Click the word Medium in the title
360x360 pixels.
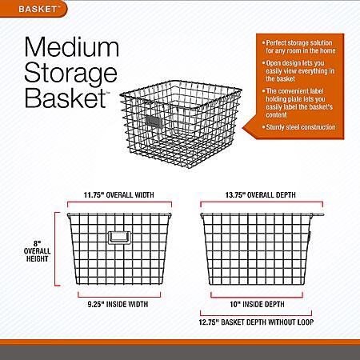[72, 47]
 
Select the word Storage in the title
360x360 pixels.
[70, 74]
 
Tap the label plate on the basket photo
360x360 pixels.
[154, 122]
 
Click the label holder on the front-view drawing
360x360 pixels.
[119, 238]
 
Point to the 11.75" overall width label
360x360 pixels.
[119, 195]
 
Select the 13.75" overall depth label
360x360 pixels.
[261, 195]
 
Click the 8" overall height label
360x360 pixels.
[37, 251]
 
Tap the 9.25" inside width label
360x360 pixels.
[118, 304]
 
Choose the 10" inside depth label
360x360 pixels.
[257, 304]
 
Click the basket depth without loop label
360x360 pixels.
[256, 322]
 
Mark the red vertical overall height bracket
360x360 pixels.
[55, 249]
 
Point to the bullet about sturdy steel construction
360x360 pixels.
[298, 127]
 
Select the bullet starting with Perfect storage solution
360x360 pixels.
[298, 46]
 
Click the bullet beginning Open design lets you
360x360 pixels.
[298, 71]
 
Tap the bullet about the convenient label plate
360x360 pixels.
[298, 103]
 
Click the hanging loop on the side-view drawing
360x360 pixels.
[318, 214]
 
